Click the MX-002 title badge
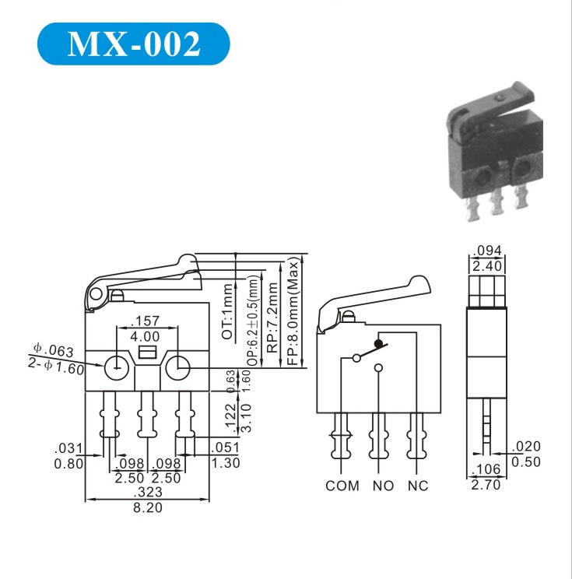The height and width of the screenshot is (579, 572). pyautogui.click(x=133, y=44)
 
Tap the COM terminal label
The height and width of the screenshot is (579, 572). pyautogui.click(x=342, y=486)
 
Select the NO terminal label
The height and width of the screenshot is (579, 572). pyautogui.click(x=383, y=486)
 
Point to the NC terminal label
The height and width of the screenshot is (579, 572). pyautogui.click(x=418, y=486)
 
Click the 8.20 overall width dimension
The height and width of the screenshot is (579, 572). pyautogui.click(x=148, y=507)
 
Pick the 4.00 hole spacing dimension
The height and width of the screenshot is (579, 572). pyautogui.click(x=145, y=336)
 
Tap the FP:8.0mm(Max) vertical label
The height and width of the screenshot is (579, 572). pyautogui.click(x=293, y=312)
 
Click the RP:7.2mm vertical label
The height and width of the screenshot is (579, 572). pyautogui.click(x=272, y=318)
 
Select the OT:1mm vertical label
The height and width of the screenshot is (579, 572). pyautogui.click(x=227, y=311)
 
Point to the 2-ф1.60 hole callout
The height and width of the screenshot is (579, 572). pyautogui.click(x=56, y=367)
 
